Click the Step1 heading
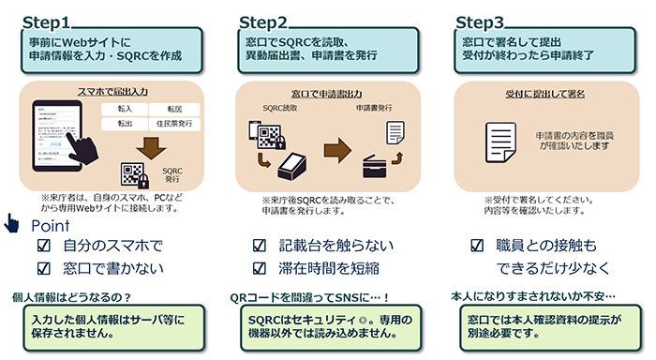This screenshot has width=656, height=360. click(47, 20)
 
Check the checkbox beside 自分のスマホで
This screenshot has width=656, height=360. click(40, 247)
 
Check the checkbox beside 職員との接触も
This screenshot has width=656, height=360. click(476, 247)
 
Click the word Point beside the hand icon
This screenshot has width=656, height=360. click(52, 226)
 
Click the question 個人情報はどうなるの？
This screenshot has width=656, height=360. click(71, 297)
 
